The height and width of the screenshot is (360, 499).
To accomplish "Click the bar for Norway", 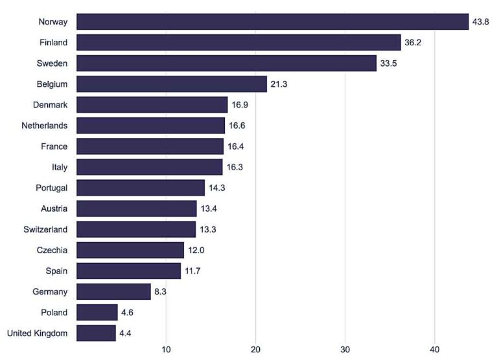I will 272,21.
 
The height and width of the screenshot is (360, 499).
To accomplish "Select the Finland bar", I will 238,42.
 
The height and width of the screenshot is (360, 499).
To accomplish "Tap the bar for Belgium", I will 172,84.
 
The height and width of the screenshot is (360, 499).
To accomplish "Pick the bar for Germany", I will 113,291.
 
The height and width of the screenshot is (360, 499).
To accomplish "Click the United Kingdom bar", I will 96,333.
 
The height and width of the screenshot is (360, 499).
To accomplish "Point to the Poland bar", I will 97,312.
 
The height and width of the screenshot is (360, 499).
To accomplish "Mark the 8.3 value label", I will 161,291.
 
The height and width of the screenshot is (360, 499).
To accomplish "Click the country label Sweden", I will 52,63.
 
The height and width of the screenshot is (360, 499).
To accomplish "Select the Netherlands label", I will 44,125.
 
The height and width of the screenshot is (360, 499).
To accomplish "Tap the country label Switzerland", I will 44,229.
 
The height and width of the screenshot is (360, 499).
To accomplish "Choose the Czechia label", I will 52,250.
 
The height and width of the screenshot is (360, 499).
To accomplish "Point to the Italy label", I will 58,167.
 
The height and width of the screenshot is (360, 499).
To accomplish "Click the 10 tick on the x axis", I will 166,350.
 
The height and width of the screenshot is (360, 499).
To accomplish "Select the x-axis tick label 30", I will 345,350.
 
